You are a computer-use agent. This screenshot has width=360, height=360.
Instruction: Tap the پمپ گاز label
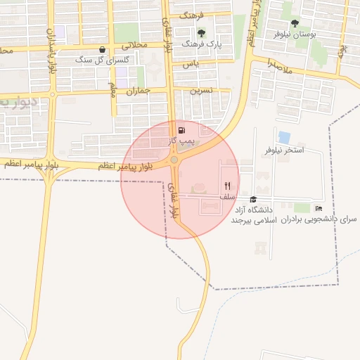click(x=180, y=141)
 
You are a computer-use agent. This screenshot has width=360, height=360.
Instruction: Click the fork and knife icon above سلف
click(x=227, y=186)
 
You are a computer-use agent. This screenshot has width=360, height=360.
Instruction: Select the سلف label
click(x=227, y=197)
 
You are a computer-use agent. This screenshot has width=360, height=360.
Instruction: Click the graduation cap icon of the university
click(x=253, y=199)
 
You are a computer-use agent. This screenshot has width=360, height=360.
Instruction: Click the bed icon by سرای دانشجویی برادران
click(x=319, y=208)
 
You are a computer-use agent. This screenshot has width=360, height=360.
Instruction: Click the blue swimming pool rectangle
click(x=284, y=136)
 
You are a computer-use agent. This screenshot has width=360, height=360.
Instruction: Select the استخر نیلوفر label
click(x=284, y=150)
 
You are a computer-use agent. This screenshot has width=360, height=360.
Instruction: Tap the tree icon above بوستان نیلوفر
click(x=295, y=23)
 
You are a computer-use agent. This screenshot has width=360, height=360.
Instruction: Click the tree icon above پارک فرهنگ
click(x=202, y=32)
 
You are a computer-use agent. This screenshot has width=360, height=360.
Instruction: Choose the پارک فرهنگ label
click(x=201, y=44)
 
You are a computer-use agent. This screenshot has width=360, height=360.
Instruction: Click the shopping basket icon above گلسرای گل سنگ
click(x=103, y=50)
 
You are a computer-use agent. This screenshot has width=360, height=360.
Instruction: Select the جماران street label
click(x=139, y=91)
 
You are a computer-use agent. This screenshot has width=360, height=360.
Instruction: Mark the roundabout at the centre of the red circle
click(x=174, y=161)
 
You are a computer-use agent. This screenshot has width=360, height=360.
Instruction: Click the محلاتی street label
click(x=135, y=44)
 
